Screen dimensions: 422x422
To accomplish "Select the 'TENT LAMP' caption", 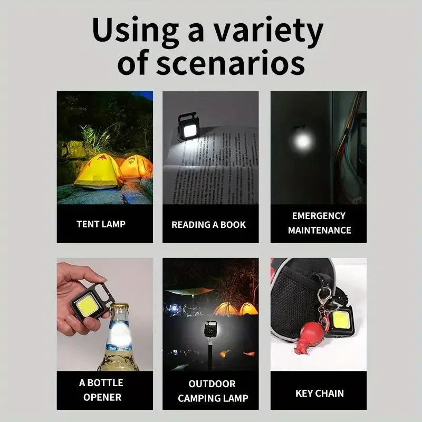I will point(101,224).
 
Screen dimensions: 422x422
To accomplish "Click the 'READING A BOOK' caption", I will point(209,225).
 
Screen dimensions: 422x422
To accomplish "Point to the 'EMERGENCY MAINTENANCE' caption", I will point(319,223).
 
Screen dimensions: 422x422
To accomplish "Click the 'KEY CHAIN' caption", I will point(319,393).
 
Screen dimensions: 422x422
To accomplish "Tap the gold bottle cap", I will point(120,309).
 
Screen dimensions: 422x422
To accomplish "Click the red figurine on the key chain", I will point(311,337).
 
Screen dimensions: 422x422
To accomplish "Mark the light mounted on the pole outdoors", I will point(210,330).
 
